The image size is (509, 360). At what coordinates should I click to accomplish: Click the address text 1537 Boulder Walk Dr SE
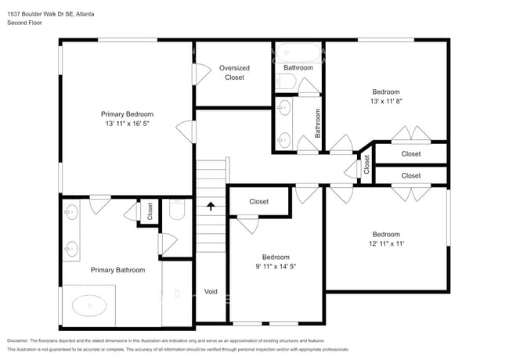click(39, 15)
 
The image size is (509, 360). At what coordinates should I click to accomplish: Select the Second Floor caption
click(24, 23)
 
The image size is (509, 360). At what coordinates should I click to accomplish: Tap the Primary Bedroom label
click(127, 113)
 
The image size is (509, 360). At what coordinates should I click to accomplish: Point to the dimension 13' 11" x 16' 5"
click(127, 124)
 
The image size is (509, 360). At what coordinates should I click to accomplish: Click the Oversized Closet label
click(234, 72)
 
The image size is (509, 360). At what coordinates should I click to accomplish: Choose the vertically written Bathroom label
click(318, 123)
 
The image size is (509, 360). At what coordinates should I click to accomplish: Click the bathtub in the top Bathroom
click(298, 55)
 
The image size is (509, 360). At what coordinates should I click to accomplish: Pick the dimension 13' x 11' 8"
click(391, 100)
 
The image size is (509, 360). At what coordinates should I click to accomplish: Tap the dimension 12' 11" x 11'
click(386, 244)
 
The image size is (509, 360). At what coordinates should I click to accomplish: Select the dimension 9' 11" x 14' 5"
click(276, 267)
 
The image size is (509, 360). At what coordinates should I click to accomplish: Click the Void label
click(211, 291)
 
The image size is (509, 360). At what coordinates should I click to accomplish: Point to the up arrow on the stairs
click(211, 206)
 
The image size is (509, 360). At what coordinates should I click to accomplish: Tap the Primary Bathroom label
click(117, 270)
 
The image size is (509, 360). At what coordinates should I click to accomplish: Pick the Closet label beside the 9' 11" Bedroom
click(258, 201)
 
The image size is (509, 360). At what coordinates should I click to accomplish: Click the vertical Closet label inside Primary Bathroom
click(150, 211)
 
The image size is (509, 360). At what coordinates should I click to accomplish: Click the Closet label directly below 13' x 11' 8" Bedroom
click(410, 154)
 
